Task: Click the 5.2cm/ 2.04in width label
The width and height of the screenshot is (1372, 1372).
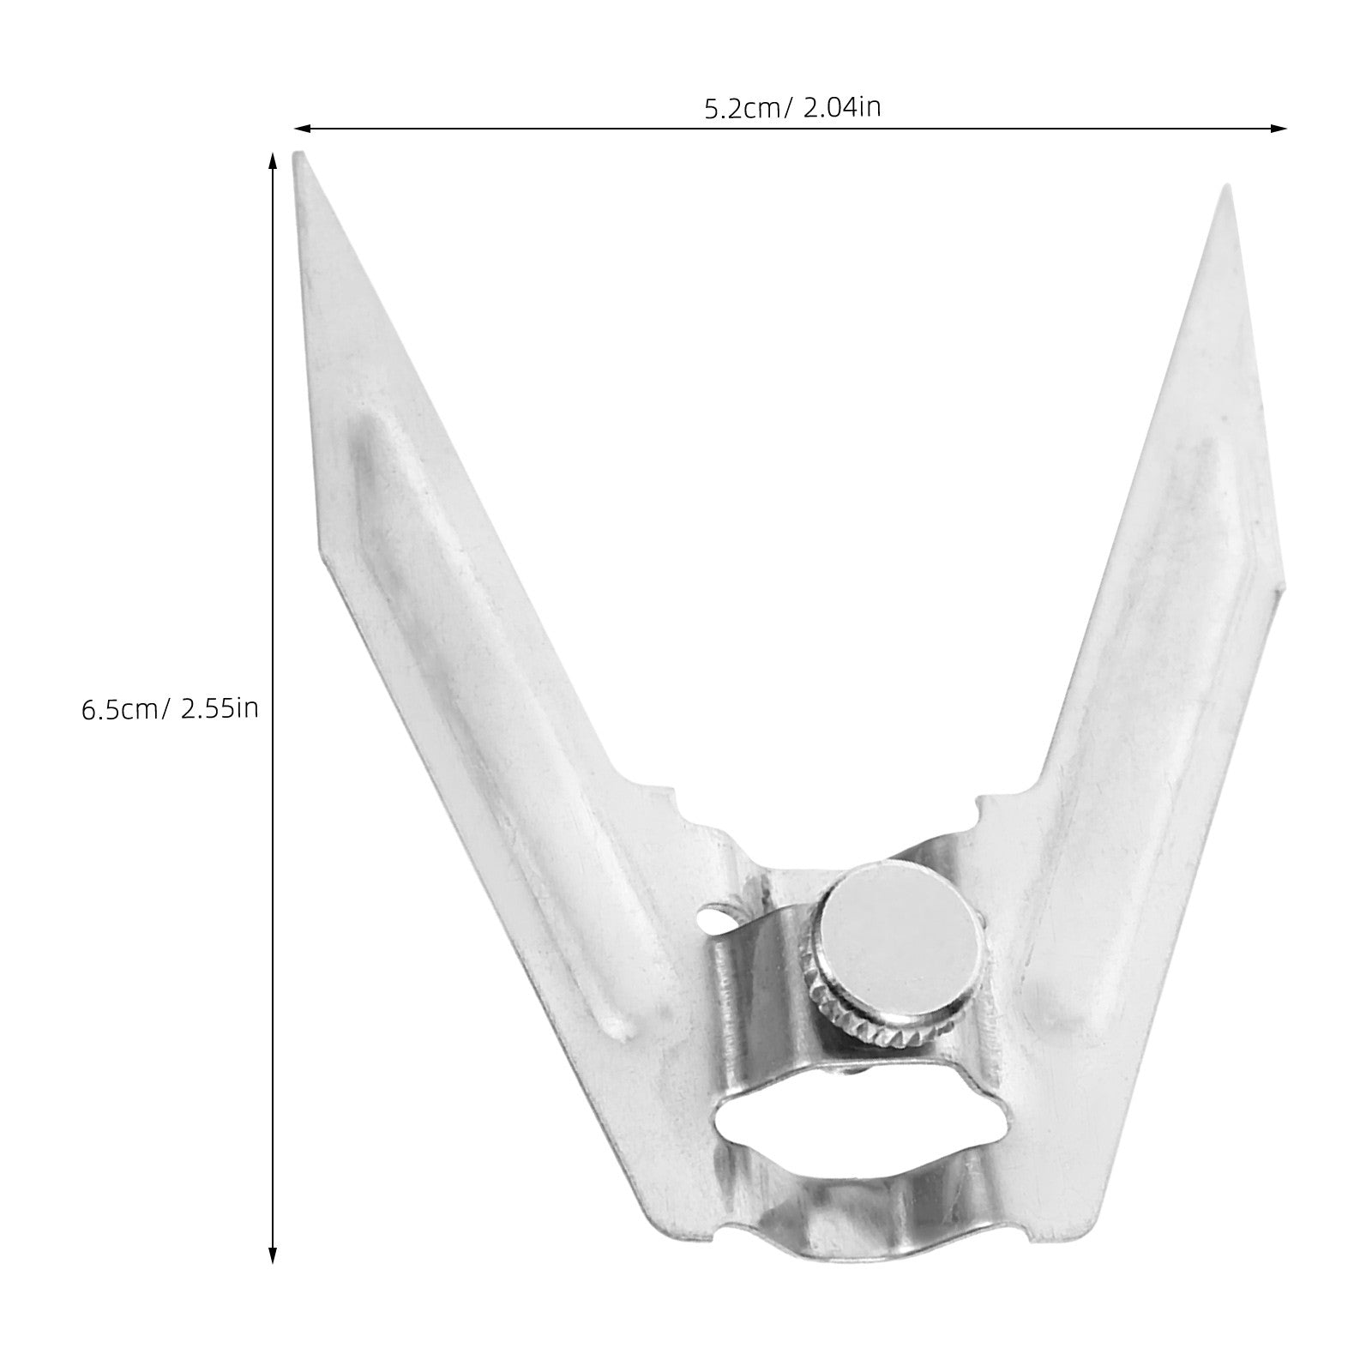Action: coord(792,108)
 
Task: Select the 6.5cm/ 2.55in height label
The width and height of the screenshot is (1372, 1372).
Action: coord(169,709)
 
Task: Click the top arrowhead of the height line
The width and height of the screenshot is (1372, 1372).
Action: coord(273,162)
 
